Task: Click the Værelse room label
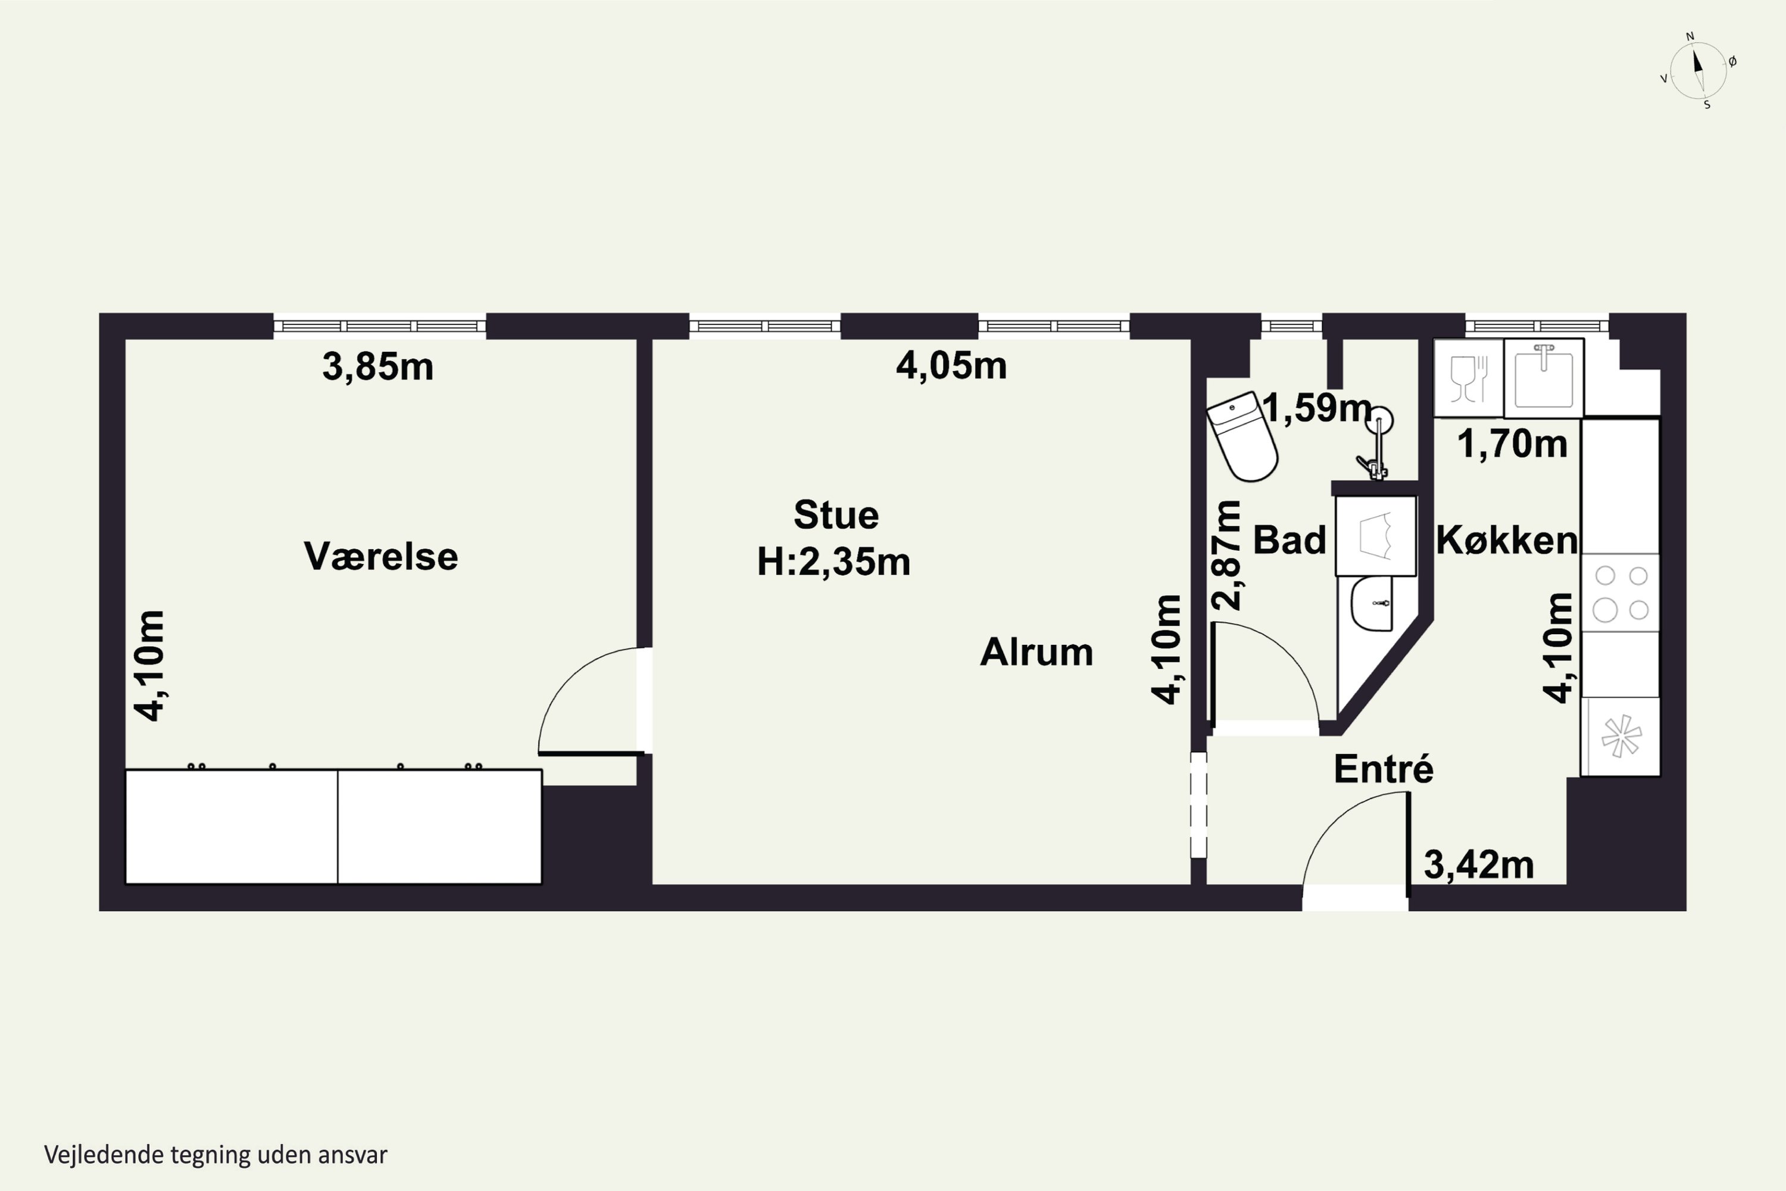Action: pos(380,556)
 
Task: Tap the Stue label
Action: pos(836,515)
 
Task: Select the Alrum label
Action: pos(1036,651)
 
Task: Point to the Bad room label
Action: pos(1289,540)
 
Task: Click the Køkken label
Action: pos(1507,540)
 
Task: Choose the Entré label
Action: pos(1384,769)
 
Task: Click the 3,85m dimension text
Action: pos(377,367)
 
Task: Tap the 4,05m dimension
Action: pos(951,366)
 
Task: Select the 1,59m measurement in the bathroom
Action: pos(1317,408)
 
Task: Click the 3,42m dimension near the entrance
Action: pos(1478,865)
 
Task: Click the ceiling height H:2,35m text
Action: pos(834,562)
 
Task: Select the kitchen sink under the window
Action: pos(1544,378)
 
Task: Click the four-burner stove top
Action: pos(1620,593)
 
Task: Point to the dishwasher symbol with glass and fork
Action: pos(1469,378)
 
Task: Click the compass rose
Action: pos(1698,71)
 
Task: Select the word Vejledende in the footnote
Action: pos(105,1155)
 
